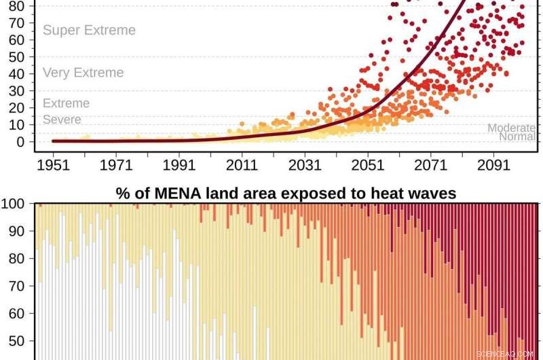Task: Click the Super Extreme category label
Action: click(x=89, y=31)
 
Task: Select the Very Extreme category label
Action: click(x=83, y=73)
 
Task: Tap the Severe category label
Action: click(x=62, y=120)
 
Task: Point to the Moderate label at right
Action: click(x=511, y=128)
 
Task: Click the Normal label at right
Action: click(x=517, y=137)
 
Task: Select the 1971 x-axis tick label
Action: click(x=115, y=165)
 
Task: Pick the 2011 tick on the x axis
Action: click(x=242, y=165)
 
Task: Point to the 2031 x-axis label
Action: click(x=304, y=165)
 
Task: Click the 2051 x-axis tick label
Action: click(x=367, y=165)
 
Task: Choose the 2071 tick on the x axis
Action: click(x=430, y=165)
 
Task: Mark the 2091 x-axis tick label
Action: click(x=493, y=165)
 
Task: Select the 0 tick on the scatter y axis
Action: click(x=20, y=142)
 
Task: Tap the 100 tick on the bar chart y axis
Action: click(x=14, y=204)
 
